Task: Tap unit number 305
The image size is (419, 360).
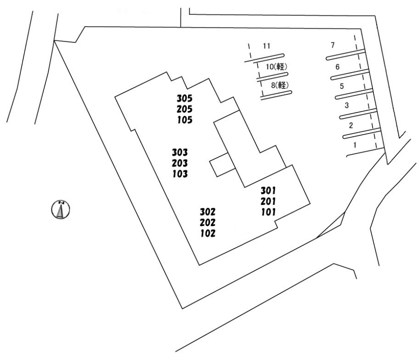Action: (x=185, y=98)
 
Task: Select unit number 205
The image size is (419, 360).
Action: (x=185, y=109)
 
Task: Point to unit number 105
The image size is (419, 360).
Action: (x=185, y=120)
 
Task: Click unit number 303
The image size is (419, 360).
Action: (x=180, y=152)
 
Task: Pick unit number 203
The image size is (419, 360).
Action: (x=180, y=162)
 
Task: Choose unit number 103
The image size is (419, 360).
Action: (x=180, y=173)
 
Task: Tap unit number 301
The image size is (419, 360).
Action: (x=268, y=190)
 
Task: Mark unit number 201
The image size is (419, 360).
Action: (x=268, y=201)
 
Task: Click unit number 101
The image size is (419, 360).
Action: (x=268, y=212)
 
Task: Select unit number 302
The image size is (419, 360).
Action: (x=208, y=212)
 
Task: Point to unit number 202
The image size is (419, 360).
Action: (x=208, y=222)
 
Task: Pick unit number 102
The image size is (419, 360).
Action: (x=208, y=233)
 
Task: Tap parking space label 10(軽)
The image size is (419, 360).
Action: (x=276, y=67)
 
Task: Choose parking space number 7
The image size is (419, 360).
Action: (x=332, y=45)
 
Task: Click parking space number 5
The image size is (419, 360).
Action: (x=341, y=86)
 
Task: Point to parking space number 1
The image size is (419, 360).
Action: (x=355, y=145)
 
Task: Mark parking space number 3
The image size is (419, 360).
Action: (x=346, y=106)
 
